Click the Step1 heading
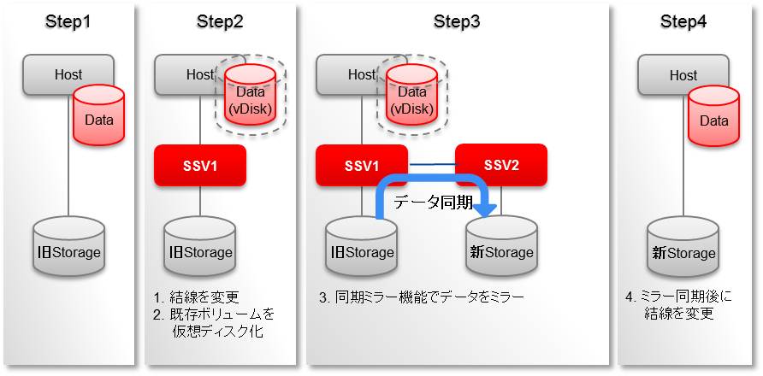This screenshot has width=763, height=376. click(x=68, y=22)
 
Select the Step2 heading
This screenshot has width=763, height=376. click(x=220, y=22)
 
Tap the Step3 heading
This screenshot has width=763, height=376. click(x=457, y=22)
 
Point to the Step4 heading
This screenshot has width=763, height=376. click(x=683, y=22)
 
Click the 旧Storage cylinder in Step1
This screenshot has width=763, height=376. click(x=68, y=246)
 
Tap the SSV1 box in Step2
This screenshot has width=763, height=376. click(x=199, y=166)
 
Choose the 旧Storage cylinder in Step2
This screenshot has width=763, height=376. click(x=200, y=246)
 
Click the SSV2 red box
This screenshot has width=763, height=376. click(x=500, y=165)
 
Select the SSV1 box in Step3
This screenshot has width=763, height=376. click(x=362, y=166)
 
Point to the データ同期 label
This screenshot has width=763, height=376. click(x=433, y=203)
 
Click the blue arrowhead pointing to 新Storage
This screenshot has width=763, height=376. click(x=484, y=209)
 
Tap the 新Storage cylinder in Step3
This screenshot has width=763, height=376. click(x=502, y=246)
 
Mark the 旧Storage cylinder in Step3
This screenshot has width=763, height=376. click(x=362, y=246)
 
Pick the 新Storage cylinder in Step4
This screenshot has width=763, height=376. click(x=683, y=246)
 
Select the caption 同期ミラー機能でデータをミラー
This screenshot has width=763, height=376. click(x=429, y=297)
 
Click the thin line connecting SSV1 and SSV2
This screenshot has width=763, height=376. click(x=432, y=166)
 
